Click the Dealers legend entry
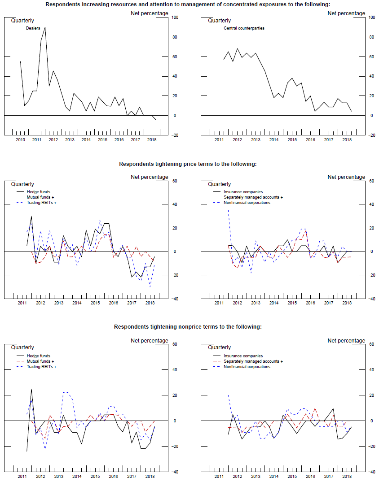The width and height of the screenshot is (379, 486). click(x=33, y=28)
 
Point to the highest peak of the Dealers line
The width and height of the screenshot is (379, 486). click(x=45, y=27)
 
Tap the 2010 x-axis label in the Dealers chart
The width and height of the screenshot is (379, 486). click(x=20, y=140)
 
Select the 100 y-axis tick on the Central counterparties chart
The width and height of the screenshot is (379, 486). click(x=371, y=17)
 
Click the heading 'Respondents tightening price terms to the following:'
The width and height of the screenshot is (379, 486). click(x=188, y=164)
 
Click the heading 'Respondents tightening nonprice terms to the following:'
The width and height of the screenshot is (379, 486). click(x=188, y=327)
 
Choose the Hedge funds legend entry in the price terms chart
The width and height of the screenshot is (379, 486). click(x=39, y=192)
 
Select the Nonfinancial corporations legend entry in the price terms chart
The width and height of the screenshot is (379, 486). click(x=247, y=203)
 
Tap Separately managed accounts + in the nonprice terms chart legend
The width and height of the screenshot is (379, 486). click(x=253, y=361)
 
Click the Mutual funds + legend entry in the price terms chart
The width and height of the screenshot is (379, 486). click(x=40, y=197)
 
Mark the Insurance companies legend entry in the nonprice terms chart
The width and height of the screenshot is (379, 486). click(x=243, y=356)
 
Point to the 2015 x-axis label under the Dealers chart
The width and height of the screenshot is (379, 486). click(x=102, y=140)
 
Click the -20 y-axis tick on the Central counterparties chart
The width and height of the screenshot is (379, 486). click(x=371, y=135)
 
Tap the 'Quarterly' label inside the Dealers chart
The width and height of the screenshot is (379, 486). click(x=22, y=21)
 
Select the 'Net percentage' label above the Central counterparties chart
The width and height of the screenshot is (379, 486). click(x=346, y=13)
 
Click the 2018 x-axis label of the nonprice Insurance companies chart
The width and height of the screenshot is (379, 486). click(x=347, y=476)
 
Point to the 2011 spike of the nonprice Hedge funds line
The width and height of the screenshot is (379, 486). click(x=31, y=389)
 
